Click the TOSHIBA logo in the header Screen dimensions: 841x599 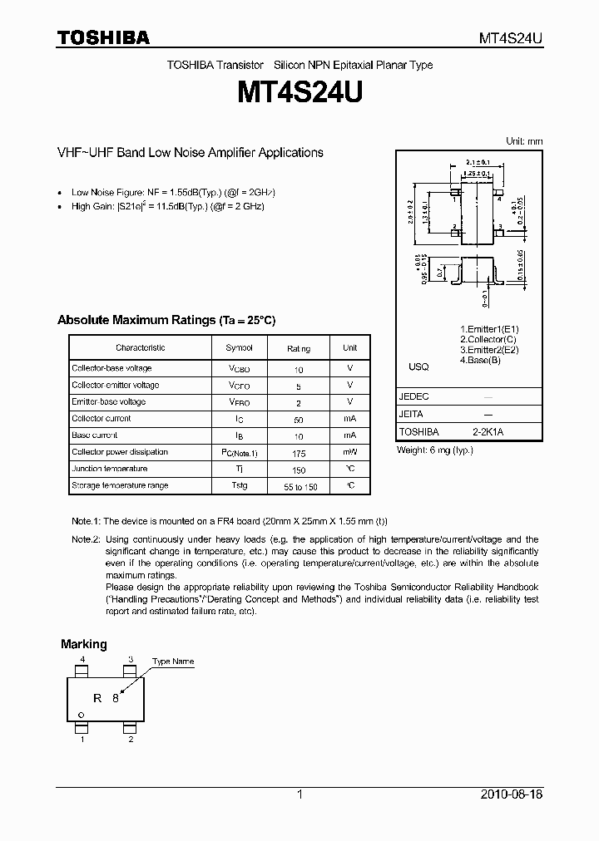pos(103,37)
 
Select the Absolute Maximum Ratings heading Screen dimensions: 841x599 pos(166,320)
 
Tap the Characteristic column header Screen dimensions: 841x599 pos(140,348)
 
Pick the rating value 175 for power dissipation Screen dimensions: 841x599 pos(299,453)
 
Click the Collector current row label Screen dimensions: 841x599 pos(101,419)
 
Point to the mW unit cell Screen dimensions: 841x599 pos(350,452)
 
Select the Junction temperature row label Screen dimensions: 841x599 pos(110,469)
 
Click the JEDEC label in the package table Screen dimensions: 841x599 pos(414,397)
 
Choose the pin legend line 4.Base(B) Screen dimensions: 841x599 pos(480,360)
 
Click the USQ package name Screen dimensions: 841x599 pos(418,366)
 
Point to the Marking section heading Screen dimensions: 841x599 pos(84,644)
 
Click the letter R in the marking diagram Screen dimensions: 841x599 pos(97,698)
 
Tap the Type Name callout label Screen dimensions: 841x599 pos(172,661)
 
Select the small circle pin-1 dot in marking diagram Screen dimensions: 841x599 pos(81,714)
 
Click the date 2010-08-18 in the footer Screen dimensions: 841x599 pos(512,794)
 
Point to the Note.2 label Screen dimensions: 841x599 pos(86,539)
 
